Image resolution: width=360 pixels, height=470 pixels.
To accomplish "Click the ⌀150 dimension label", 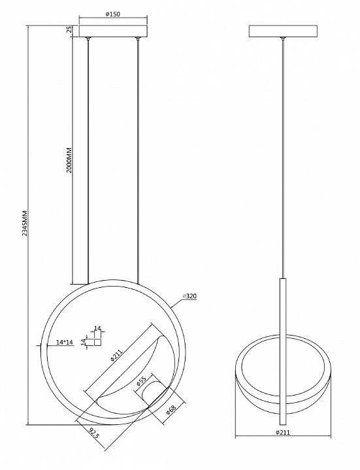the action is (x=113, y=14).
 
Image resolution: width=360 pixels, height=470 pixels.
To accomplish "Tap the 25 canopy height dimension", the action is (x=69, y=29).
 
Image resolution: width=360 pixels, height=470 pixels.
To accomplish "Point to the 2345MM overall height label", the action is (x=25, y=223).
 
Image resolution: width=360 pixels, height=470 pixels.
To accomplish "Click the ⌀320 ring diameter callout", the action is (x=190, y=296).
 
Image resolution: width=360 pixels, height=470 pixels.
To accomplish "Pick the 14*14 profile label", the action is (x=65, y=342).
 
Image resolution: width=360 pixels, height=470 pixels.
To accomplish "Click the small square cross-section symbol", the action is (x=98, y=342).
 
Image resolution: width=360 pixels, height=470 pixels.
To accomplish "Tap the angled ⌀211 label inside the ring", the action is (x=116, y=354).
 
